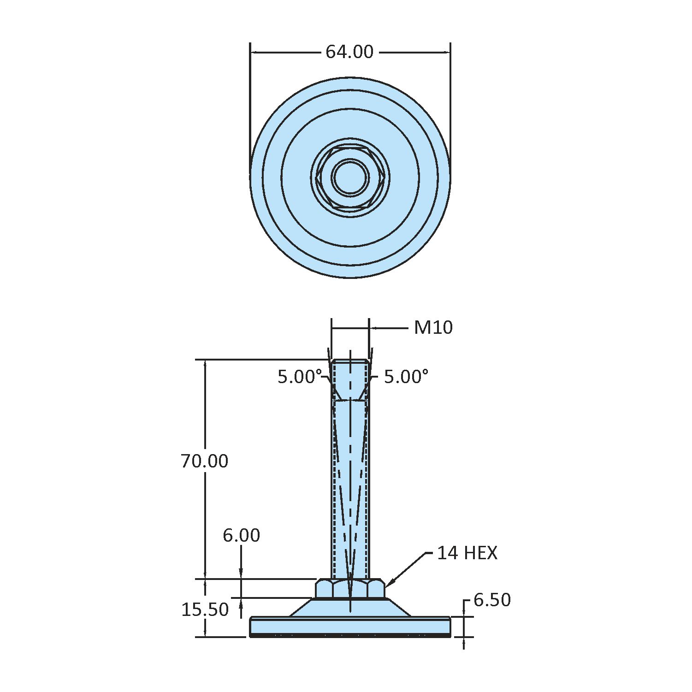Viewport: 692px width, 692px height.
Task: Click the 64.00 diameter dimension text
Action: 349,52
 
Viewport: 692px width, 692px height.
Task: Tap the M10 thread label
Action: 433,328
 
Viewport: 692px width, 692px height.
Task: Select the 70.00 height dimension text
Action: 204,461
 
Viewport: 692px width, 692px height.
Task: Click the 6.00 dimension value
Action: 241,535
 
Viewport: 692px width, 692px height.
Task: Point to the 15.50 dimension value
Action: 204,609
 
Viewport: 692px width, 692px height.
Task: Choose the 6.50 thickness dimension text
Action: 492,600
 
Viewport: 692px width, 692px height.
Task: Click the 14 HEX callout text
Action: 467,553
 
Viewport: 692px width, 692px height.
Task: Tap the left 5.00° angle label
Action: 299,377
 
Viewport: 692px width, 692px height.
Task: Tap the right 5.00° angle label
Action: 406,377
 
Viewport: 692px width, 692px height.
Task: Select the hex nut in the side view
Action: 350,589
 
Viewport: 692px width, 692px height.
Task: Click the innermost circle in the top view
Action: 350,177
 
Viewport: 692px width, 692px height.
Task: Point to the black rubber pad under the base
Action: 350,635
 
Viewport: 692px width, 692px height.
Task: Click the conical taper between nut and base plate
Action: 350,607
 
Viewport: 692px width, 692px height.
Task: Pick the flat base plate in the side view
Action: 350,626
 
